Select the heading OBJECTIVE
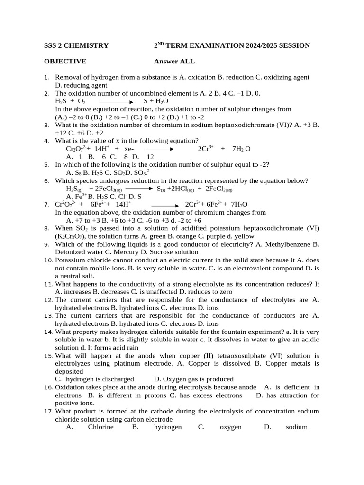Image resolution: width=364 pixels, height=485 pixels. (65, 61)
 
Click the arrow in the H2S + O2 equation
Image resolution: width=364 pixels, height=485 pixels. (116, 101)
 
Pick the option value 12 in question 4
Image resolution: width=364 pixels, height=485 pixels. (150, 157)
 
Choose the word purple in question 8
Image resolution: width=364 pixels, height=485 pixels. (204, 236)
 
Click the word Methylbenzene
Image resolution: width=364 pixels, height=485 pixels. (282, 244)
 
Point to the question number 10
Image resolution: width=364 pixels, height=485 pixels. (48, 260)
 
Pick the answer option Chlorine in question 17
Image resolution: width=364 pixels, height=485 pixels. (101, 427)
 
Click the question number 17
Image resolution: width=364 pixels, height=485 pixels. (48, 412)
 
